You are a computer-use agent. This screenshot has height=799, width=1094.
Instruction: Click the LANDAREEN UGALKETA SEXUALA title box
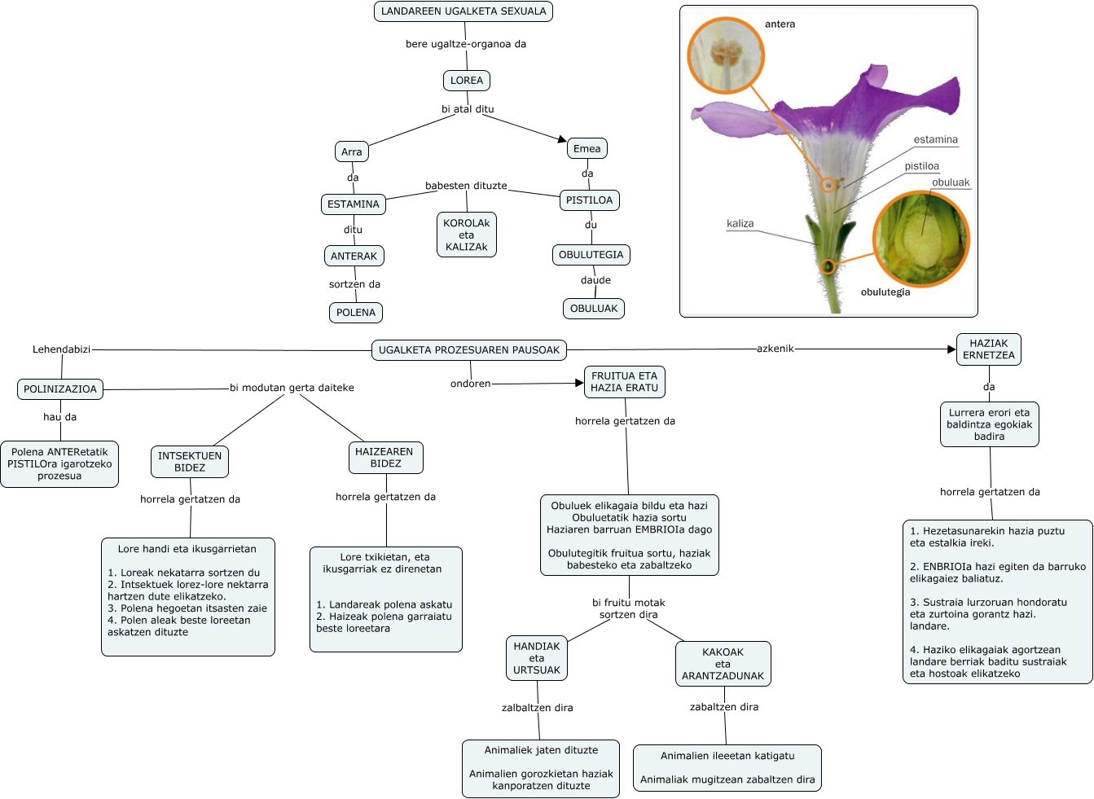[464, 11]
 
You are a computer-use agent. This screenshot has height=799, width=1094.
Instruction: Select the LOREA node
[467, 81]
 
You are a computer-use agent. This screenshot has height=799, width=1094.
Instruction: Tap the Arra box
[352, 151]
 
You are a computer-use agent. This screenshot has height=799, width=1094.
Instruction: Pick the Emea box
[587, 148]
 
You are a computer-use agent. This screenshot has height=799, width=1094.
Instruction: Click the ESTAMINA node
[354, 204]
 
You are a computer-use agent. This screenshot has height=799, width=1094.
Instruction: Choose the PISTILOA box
[589, 200]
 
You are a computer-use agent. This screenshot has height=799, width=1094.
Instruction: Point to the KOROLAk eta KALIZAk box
[467, 235]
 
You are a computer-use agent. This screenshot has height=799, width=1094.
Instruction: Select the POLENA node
[356, 313]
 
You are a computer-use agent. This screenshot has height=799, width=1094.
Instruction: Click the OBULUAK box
[594, 309]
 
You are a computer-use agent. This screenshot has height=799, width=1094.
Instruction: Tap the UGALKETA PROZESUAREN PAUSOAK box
[469, 350]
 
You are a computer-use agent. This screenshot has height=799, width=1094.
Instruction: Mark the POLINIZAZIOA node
[60, 389]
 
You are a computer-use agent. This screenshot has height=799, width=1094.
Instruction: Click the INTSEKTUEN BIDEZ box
[190, 462]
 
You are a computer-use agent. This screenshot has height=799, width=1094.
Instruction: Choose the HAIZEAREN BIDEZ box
[386, 458]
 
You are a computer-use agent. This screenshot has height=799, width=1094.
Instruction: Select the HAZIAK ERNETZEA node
[989, 349]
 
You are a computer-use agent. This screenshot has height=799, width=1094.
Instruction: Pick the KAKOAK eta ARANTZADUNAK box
[723, 664]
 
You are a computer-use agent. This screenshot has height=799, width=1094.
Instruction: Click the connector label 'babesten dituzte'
[466, 186]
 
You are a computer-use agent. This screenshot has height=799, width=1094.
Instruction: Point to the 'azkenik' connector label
[775, 349]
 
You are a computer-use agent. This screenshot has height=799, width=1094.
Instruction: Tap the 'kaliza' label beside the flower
[740, 224]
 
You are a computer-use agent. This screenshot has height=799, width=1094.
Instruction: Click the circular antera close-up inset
[726, 56]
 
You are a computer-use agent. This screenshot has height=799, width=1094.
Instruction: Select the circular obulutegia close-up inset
[921, 239]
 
